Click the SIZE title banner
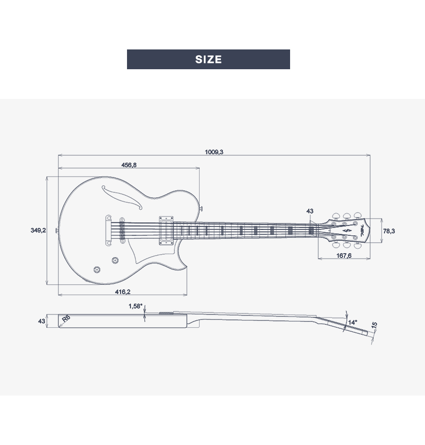(x=208, y=59)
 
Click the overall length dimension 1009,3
(x=214, y=152)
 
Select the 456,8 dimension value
(x=129, y=165)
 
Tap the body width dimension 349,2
(x=39, y=230)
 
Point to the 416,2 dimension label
(x=123, y=292)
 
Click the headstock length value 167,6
(x=344, y=256)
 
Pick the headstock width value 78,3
(x=389, y=231)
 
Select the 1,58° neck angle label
(x=135, y=306)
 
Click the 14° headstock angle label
(x=353, y=322)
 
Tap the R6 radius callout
(x=66, y=318)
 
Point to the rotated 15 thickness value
(x=374, y=325)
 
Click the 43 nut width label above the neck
(x=310, y=211)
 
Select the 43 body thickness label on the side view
(x=42, y=321)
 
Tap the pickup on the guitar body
(x=166, y=230)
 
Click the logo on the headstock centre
(x=346, y=230)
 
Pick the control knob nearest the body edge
(x=97, y=269)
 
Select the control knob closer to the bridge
(x=115, y=260)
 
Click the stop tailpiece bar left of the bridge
(x=108, y=230)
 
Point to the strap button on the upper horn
(x=201, y=209)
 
